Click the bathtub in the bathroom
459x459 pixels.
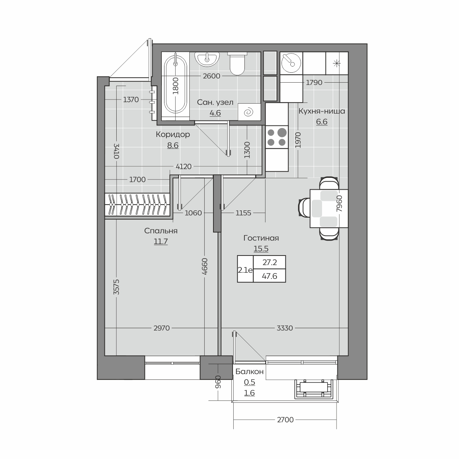tap(176, 85)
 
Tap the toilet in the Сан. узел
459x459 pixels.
tap(237, 63)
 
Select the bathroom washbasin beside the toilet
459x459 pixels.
tap(207, 59)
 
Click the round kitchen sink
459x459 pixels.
tap(291, 63)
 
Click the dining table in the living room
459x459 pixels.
tap(329, 208)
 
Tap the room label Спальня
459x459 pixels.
tap(161, 231)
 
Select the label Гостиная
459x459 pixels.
tap(261, 238)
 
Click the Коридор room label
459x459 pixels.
tap(173, 134)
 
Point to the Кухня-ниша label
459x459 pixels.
tap(322, 111)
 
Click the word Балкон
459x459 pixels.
tap(249, 371)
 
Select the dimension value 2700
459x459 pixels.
tap(285, 420)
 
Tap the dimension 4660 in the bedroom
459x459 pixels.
tap(205, 266)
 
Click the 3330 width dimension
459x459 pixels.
tap(285, 328)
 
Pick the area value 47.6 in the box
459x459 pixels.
tap(269, 276)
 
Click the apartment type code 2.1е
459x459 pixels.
tap(245, 270)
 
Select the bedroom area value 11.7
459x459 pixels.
tap(161, 241)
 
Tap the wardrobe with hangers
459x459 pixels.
tap(137, 205)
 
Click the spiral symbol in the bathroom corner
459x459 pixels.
tap(249, 112)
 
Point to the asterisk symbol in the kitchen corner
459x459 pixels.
tap(337, 63)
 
